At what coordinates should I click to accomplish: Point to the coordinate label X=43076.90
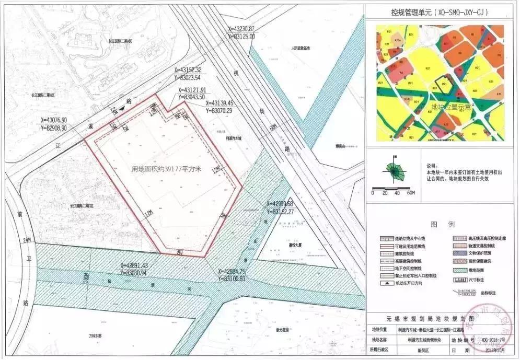tap(49, 120)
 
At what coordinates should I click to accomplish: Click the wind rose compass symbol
tap(394, 169)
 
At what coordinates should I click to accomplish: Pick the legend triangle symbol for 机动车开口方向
tap(387, 283)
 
